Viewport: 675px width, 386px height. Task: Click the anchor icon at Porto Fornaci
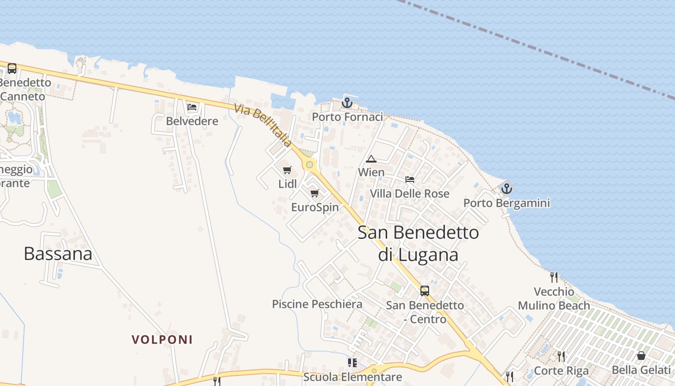347,103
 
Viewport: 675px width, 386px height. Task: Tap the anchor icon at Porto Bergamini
506,189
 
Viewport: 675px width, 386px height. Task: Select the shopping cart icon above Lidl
287,170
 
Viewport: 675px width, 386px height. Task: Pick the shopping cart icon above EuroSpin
315,193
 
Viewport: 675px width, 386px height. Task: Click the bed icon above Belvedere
192,107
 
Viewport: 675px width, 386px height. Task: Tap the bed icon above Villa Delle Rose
410,179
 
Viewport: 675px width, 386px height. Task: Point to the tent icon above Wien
371,159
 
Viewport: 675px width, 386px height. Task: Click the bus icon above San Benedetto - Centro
425,291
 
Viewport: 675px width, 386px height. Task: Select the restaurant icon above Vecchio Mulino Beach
554,277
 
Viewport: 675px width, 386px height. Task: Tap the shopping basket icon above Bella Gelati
641,356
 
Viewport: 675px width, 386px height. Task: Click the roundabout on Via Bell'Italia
310,165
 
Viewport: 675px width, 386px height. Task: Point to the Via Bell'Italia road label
263,125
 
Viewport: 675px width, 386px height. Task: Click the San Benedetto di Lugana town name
418,243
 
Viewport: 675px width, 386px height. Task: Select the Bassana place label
58,254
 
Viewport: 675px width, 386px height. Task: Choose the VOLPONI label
162,340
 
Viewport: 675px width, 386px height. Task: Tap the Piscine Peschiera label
317,304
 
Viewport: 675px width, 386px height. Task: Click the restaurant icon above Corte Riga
561,357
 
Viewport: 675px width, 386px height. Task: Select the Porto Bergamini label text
506,203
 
